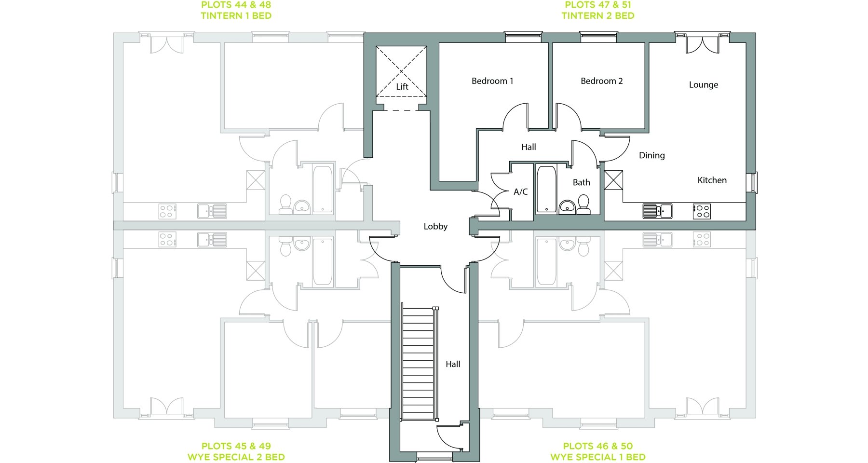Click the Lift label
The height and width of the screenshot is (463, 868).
pos(402,87)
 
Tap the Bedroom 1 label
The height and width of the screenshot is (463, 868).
pos(492,81)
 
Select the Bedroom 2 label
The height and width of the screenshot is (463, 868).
pos(601,81)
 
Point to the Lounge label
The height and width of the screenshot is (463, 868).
pos(704,85)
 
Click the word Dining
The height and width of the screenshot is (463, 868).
pos(652,155)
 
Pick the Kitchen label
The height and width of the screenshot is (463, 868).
pos(712,180)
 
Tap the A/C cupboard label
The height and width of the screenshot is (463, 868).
pos(521,192)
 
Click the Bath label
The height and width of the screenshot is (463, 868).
pos(581,182)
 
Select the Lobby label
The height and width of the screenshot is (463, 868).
pos(435,227)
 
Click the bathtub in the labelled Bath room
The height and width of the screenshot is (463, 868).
pos(546,189)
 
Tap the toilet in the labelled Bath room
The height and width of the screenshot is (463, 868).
pos(583,204)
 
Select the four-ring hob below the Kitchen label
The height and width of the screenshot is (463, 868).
pos(702,211)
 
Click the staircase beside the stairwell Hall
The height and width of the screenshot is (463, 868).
pos(419,364)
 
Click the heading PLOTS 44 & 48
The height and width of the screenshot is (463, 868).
pos(236,5)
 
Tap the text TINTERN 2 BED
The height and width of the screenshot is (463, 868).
pos(598,16)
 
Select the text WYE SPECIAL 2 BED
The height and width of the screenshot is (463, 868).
pos(236,457)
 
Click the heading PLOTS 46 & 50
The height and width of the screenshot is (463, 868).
pos(598,446)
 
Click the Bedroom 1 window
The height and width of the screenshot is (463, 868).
pos(523,37)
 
